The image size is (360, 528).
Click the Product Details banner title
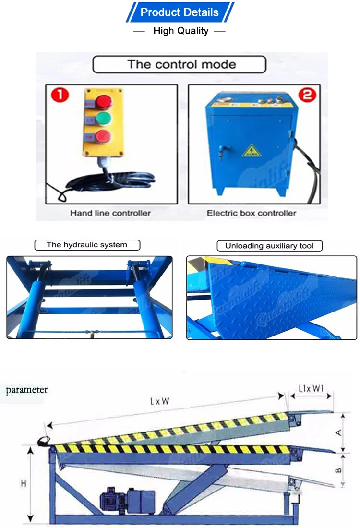click(180, 12)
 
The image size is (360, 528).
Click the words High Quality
click(180, 31)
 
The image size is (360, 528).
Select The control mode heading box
click(179, 64)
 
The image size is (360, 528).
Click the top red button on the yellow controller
click(103, 102)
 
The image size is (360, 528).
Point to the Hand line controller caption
click(110, 213)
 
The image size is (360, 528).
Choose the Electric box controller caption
click(252, 213)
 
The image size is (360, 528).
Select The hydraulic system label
click(87, 245)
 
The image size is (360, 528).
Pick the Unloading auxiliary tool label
click(269, 246)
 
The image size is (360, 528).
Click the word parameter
click(27, 390)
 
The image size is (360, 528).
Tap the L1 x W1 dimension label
click(311, 387)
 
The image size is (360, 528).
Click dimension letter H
click(23, 484)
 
